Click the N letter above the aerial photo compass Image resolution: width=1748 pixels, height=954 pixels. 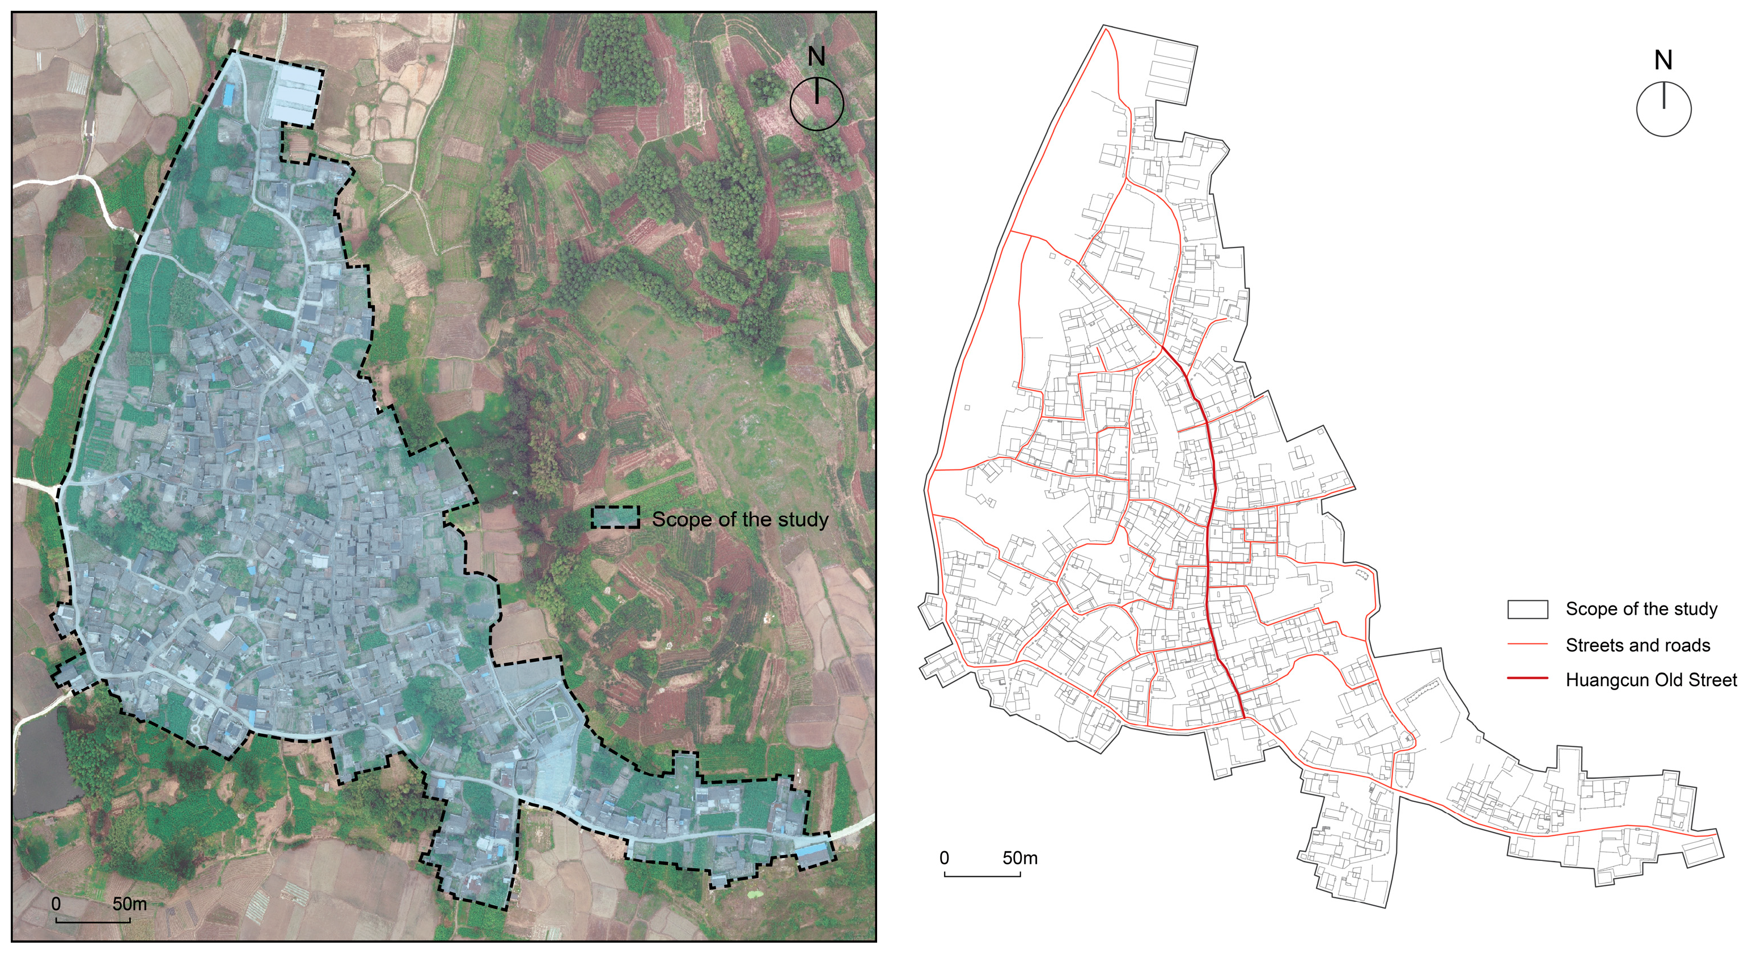tap(816, 57)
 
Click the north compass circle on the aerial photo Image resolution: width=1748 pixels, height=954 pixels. tap(816, 104)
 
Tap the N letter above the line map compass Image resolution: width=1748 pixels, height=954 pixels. tap(1662, 61)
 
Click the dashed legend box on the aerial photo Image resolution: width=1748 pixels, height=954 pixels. tap(615, 518)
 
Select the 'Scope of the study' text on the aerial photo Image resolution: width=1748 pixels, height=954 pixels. tap(740, 519)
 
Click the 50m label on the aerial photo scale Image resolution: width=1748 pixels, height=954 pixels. tap(130, 903)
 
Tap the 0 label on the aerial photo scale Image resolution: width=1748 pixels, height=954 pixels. tap(56, 903)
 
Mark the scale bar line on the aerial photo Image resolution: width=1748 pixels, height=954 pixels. tap(93, 921)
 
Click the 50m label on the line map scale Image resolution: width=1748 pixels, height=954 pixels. tap(1020, 858)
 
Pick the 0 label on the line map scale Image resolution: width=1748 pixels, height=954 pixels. tap(944, 858)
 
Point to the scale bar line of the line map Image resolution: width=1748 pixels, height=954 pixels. tap(982, 875)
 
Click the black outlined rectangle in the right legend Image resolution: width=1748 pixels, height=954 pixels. tap(1527, 609)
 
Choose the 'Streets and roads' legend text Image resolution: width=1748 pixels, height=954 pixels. tap(1637, 645)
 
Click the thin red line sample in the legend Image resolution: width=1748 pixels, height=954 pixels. tap(1527, 644)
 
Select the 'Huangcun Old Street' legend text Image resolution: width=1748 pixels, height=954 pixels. tap(1651, 680)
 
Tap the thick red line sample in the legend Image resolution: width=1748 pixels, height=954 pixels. tap(1527, 678)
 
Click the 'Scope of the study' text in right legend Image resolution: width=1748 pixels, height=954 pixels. tap(1641, 609)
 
